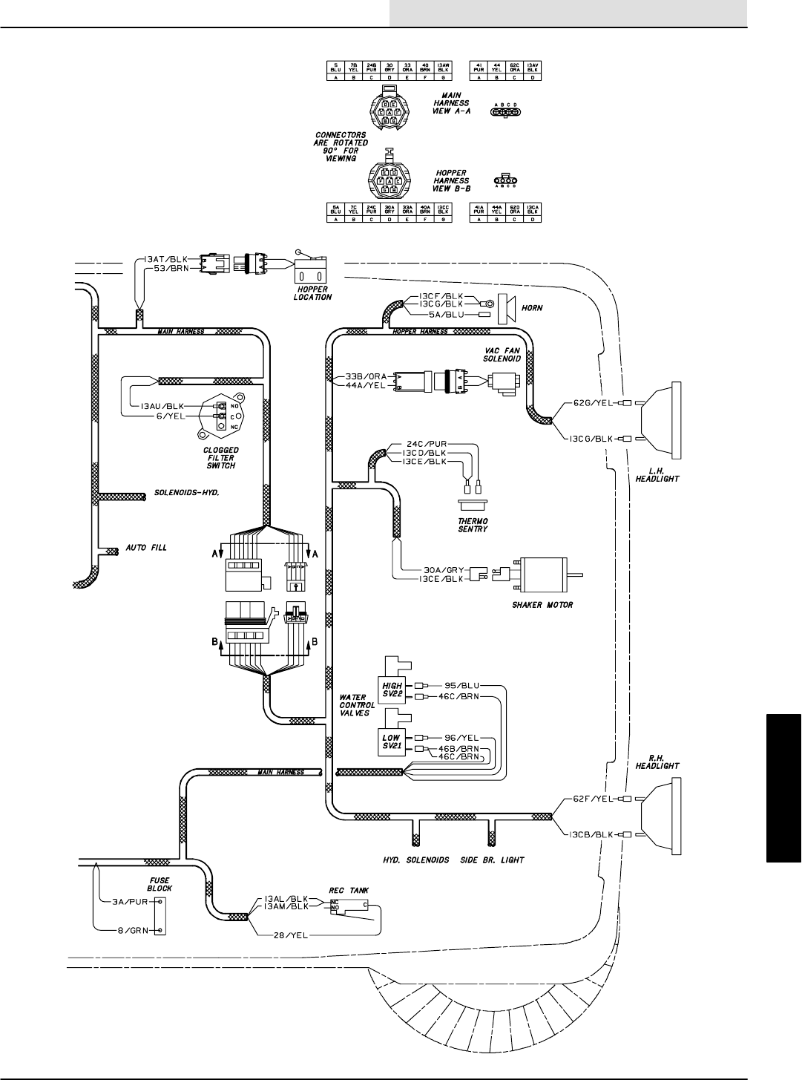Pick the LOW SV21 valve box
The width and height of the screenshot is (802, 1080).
(392, 743)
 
